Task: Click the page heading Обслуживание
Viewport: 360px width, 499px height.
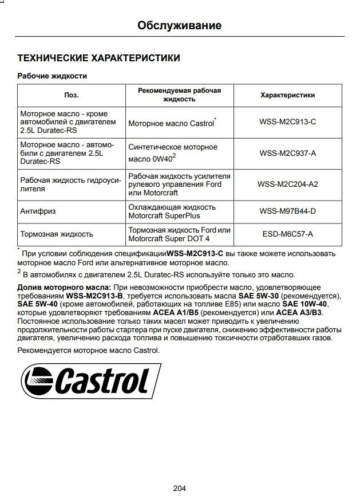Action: (180, 25)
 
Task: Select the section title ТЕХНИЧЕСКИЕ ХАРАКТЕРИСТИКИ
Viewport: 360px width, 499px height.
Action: (99, 58)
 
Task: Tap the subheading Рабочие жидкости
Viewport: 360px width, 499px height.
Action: (52, 76)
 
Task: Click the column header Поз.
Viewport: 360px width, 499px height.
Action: (71, 95)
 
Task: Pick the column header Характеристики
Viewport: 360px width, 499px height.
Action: (287, 95)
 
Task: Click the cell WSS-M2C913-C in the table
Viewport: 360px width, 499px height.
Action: (287, 122)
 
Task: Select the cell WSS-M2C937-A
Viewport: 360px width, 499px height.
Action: (287, 154)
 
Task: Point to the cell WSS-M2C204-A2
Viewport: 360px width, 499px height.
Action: (287, 184)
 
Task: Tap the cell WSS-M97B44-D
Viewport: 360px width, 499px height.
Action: (287, 211)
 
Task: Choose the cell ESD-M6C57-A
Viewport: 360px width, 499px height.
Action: (287, 234)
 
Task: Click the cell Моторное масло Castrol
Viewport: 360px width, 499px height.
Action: (171, 123)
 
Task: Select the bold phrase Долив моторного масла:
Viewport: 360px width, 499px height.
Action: (64, 286)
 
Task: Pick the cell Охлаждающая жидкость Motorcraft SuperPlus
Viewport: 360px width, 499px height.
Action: (172, 211)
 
